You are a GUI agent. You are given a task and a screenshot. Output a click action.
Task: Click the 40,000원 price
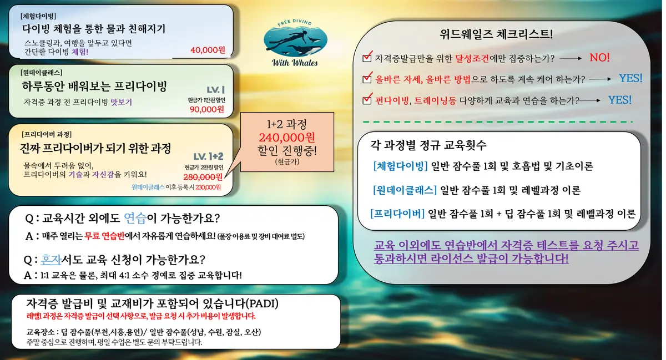click(207, 50)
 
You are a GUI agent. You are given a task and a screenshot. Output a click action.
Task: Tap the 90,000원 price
click(206, 109)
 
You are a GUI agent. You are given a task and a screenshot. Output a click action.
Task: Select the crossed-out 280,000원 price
click(203, 177)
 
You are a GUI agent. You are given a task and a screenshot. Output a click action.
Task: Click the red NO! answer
click(599, 58)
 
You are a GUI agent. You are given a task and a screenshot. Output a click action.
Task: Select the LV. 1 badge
click(215, 89)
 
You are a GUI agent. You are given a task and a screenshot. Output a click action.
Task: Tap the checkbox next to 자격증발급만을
click(366, 58)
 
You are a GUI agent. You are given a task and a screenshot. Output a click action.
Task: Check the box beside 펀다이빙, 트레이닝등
click(366, 100)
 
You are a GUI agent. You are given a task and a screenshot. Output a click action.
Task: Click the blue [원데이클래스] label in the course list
click(405, 190)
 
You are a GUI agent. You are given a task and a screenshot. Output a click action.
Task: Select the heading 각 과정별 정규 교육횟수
click(428, 146)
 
